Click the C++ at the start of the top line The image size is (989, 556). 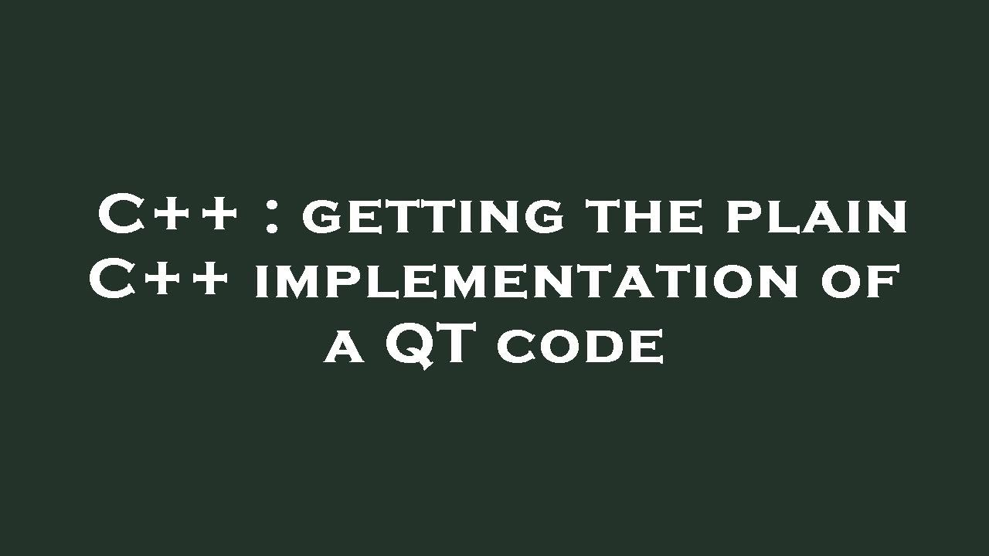[167, 215]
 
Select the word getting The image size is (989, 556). [433, 217]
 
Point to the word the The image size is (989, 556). [644, 215]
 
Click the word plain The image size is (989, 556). [817, 217]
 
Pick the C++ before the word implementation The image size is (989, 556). [158, 280]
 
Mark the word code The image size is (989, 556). [580, 347]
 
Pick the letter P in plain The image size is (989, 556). [743, 217]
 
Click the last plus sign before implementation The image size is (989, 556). [209, 280]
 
